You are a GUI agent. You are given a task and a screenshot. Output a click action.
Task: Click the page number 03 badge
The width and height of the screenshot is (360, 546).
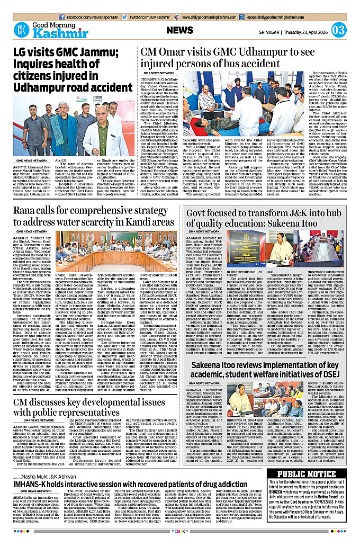(x=339, y=30)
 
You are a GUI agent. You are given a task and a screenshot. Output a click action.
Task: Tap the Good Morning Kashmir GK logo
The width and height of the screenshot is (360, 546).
(x=22, y=30)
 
